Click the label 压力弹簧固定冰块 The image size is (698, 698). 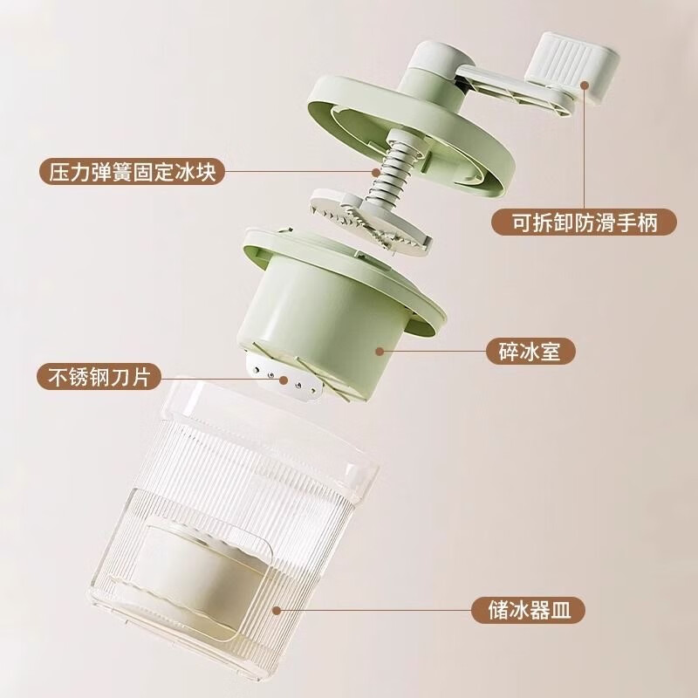[x=132, y=172]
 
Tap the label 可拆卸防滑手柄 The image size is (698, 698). [x=583, y=223]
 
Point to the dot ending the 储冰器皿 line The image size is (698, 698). [x=276, y=607]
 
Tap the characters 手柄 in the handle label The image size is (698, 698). [x=642, y=223]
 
